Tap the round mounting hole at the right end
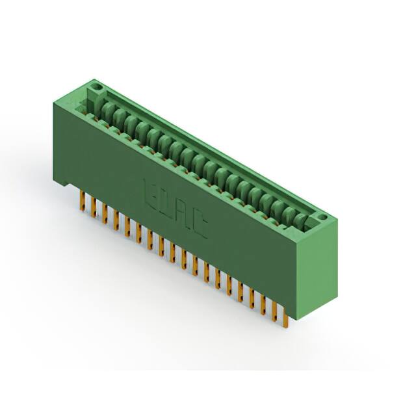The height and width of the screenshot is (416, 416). tap(320, 214)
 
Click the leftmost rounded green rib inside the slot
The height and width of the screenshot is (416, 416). tap(104, 106)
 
